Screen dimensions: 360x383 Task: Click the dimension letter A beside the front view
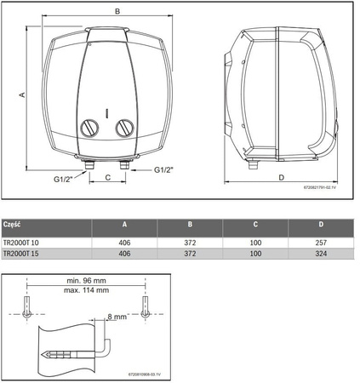click(x=22, y=94)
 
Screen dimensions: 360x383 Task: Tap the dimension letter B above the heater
click(x=117, y=11)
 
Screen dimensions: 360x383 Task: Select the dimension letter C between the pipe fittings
click(x=108, y=178)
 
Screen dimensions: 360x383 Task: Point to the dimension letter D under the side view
click(x=281, y=178)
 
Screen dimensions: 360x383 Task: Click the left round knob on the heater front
click(x=89, y=128)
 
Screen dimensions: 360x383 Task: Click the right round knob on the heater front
click(x=124, y=128)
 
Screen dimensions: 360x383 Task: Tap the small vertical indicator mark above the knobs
click(x=107, y=113)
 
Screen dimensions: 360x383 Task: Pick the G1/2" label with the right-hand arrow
click(x=163, y=170)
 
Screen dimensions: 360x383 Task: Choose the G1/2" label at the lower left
click(x=63, y=180)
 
